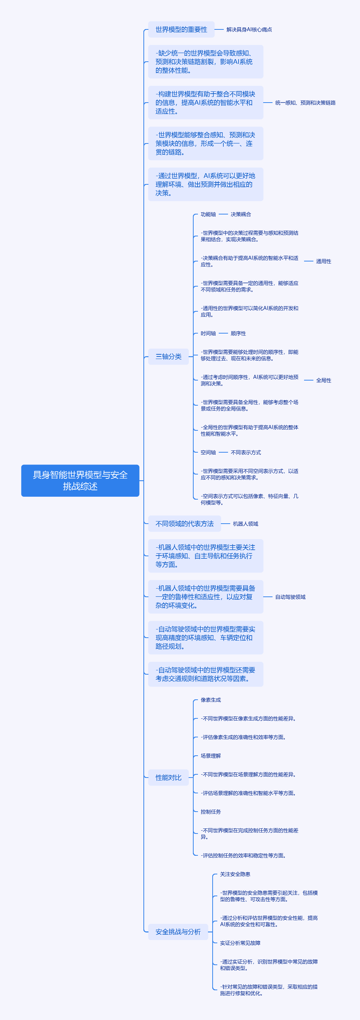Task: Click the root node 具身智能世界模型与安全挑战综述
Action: click(x=80, y=480)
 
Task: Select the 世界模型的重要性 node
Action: click(x=181, y=29)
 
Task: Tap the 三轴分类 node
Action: click(x=168, y=356)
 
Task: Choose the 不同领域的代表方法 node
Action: click(x=184, y=524)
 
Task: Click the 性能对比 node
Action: click(x=168, y=777)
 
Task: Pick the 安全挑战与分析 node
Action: click(x=178, y=932)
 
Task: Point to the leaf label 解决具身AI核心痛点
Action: click(x=249, y=30)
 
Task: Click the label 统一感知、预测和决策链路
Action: click(x=305, y=103)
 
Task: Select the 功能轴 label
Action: click(x=208, y=214)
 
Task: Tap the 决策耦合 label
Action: click(x=241, y=214)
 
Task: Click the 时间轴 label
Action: click(x=208, y=334)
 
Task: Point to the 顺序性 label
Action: click(x=238, y=334)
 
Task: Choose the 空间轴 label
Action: click(x=208, y=452)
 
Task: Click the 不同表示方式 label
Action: click(x=246, y=452)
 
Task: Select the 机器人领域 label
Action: click(x=246, y=524)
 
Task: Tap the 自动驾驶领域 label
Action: click(x=290, y=597)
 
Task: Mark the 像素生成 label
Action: click(x=211, y=700)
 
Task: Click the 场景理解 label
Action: click(x=211, y=756)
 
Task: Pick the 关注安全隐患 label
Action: click(x=235, y=874)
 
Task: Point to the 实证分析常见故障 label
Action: click(x=240, y=943)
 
